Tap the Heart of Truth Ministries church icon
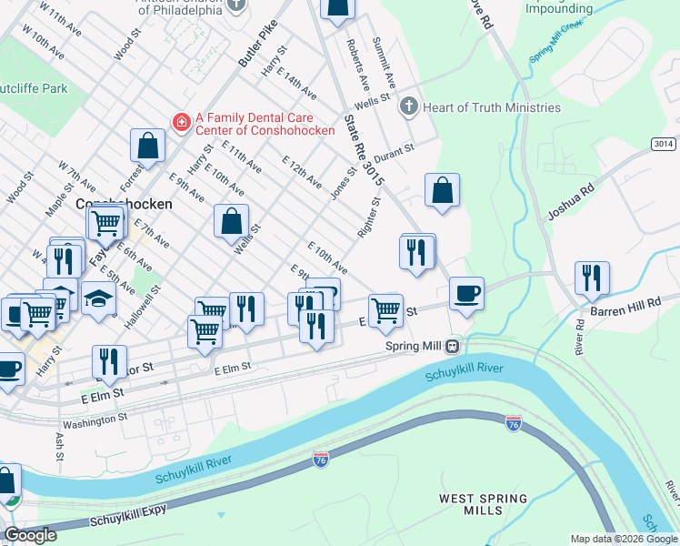408,107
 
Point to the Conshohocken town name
124,205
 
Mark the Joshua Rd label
570,202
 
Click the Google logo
30,535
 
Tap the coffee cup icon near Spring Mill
466,294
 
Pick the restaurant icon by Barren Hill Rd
592,278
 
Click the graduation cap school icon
98,298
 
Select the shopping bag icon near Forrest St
147,145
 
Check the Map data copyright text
623,538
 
